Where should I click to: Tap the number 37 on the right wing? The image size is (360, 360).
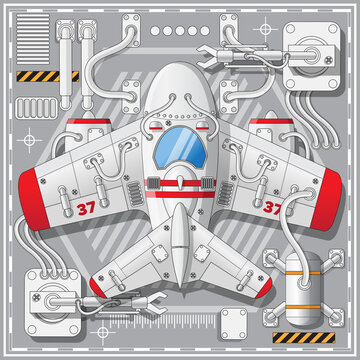point(272,209)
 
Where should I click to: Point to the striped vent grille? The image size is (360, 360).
point(33,44)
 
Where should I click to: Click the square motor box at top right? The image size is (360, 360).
point(310,57)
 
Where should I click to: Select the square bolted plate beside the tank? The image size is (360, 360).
point(235,319)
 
